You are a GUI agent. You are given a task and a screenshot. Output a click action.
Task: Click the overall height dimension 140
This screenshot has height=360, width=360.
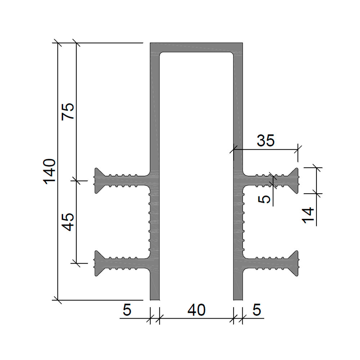(x=50, y=171)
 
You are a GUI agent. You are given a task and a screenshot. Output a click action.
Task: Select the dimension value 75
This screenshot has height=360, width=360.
(x=68, y=111)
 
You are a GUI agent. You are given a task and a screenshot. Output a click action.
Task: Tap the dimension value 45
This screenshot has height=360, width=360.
(x=68, y=222)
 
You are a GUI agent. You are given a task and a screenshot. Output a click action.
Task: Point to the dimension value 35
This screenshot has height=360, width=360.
(x=266, y=140)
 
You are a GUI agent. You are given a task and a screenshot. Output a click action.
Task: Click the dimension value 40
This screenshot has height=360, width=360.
(x=197, y=310)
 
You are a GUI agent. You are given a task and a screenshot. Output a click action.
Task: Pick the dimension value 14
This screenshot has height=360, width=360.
(x=308, y=215)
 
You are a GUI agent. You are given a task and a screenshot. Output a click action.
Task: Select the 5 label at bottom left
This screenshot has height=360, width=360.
(x=127, y=310)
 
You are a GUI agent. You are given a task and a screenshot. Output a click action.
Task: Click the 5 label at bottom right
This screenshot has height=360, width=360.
(x=257, y=310)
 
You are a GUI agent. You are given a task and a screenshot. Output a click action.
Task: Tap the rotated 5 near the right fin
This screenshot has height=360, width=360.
(x=264, y=199)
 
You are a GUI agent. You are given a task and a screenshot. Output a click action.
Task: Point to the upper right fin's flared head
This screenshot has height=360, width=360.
(x=294, y=181)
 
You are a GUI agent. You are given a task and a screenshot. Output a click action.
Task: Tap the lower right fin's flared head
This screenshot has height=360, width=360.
(x=294, y=264)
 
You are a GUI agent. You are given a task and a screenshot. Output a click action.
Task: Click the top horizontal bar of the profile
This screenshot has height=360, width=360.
(x=196, y=48)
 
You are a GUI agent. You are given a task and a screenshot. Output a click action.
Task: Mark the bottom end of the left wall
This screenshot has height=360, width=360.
(x=154, y=300)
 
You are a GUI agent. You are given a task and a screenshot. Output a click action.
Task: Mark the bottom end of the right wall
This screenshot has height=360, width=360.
(x=238, y=300)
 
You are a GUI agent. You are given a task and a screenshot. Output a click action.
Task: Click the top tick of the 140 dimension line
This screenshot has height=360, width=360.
(x=57, y=43)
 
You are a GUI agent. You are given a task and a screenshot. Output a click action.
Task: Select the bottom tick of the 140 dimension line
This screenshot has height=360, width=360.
(x=57, y=300)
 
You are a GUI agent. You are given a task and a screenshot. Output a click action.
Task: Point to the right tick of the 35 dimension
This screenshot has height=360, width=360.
(x=298, y=149)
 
